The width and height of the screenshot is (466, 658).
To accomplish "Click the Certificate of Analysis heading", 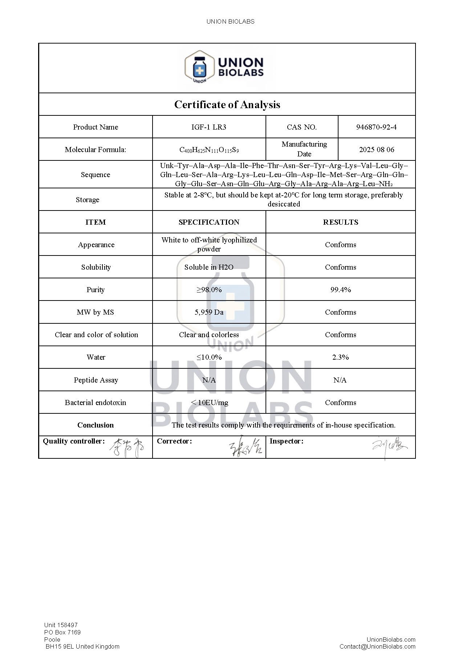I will [x=227, y=105].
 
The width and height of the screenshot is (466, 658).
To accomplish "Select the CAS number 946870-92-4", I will [x=376, y=127].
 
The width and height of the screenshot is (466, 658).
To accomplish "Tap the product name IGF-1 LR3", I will [x=208, y=127].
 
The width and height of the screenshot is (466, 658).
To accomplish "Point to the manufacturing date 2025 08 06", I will [x=377, y=150].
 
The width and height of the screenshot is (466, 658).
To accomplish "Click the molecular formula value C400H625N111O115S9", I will [x=209, y=150].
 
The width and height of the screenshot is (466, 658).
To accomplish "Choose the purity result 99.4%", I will [x=340, y=290].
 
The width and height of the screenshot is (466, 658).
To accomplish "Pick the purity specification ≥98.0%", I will [x=209, y=290].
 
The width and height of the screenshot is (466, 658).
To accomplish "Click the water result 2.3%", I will [x=340, y=357].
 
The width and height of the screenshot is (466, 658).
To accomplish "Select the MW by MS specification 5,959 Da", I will [x=209, y=312].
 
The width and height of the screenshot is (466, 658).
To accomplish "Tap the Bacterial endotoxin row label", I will [x=96, y=402].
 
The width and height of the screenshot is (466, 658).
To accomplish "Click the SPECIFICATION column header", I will [x=209, y=222].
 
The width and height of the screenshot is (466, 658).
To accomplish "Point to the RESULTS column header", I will [x=340, y=222].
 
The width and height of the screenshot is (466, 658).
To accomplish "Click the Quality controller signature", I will [x=127, y=447].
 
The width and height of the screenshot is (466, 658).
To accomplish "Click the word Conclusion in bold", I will [x=96, y=425].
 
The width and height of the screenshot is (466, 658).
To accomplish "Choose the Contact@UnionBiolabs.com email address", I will [x=377, y=646].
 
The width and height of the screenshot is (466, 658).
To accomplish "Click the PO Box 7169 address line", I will [x=62, y=632].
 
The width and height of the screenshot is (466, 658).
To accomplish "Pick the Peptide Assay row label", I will [x=96, y=380].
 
